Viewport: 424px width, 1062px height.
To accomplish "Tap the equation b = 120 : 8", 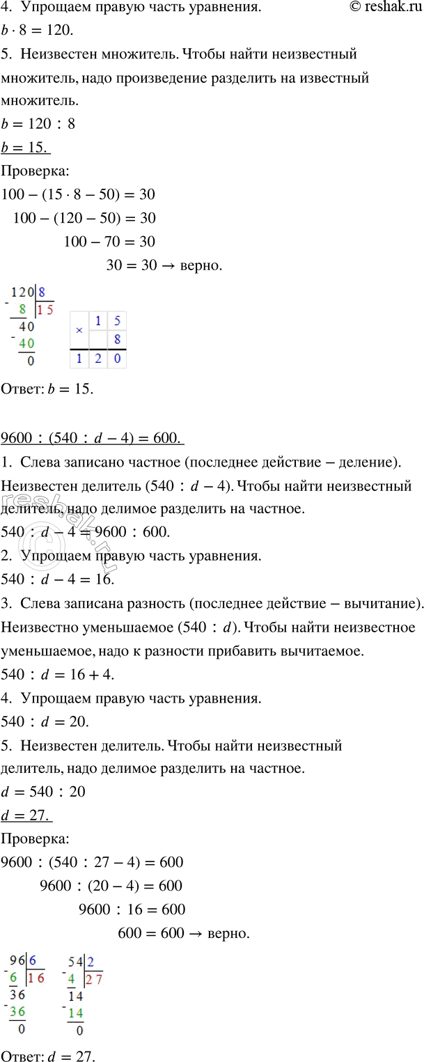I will coord(39,125).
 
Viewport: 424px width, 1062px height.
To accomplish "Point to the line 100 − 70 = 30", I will coord(109,242).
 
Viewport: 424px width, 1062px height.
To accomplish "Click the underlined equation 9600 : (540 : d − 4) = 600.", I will coord(92,437).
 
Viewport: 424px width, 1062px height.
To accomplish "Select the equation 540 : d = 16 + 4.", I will coord(57,674).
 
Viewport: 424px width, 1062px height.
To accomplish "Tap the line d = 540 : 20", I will coord(44,792).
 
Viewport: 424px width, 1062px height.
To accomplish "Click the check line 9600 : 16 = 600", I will coord(132,909).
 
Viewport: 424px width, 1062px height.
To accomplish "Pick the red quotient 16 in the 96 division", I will coord(37,977).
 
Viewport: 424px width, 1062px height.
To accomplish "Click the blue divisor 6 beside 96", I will coord(33,962).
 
